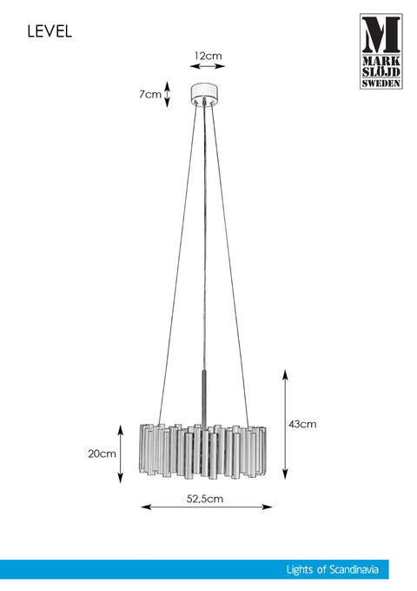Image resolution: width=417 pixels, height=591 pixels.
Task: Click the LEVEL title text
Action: [x=50, y=31]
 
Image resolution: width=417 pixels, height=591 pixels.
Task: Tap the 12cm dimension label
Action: [x=208, y=56]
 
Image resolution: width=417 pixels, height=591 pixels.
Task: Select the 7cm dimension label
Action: [x=149, y=94]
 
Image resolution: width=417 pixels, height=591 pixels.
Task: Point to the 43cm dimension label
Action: [x=302, y=424]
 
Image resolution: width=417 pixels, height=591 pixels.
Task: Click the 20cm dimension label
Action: [x=102, y=453]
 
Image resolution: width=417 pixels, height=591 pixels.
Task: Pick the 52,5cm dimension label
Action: [x=205, y=499]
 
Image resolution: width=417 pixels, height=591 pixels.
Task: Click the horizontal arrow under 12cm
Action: [x=208, y=66]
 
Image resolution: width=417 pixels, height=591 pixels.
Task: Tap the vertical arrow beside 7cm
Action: [x=168, y=93]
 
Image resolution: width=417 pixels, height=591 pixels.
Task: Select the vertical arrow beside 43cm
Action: [x=285, y=425]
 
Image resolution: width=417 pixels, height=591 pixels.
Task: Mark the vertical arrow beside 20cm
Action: [x=121, y=453]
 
